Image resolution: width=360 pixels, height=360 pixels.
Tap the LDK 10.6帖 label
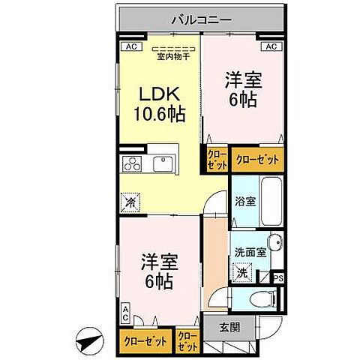159,105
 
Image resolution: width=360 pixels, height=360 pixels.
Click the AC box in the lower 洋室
125,314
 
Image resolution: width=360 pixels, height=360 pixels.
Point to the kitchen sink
163,163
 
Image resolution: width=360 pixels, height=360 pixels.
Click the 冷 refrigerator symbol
130,202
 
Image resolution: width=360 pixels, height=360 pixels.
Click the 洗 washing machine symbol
243,274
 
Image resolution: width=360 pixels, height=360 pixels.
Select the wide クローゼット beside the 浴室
258,159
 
